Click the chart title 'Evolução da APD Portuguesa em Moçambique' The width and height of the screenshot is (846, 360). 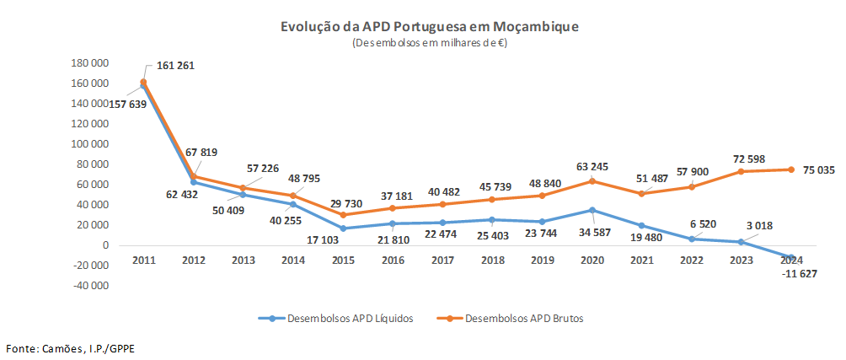pos(430,27)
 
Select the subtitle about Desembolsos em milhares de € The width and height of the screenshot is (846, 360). pos(430,42)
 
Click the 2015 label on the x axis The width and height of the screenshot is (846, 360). pos(341,260)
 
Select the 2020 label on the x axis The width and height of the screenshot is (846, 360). pos(592,260)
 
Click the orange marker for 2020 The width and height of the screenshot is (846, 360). pos(592,181)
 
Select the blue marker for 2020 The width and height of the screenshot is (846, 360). pos(592,210)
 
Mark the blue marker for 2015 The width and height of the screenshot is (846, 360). pos(342,228)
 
